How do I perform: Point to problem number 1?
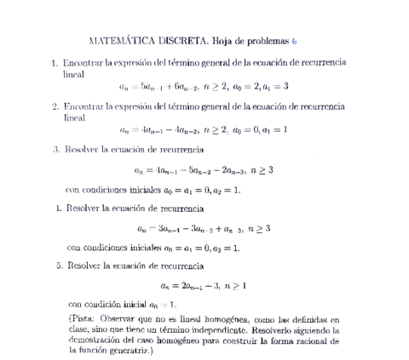click(55, 63)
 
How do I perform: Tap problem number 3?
click(55, 149)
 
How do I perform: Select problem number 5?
click(55, 265)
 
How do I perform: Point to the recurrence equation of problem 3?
click(204, 170)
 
